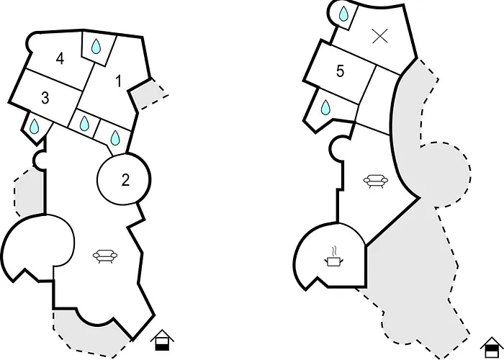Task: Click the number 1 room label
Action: coord(119,81)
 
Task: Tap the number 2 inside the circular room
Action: coord(125,180)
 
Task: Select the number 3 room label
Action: coord(45,98)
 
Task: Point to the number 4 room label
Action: coord(60,59)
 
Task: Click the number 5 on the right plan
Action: coord(340,71)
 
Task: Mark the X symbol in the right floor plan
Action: coord(379,36)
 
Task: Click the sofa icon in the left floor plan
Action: coord(105,256)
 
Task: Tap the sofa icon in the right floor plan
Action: coord(376,181)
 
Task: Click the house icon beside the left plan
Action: coord(162,340)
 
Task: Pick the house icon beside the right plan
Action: coord(492,348)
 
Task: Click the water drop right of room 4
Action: coord(96,46)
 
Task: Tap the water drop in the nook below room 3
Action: coord(34,126)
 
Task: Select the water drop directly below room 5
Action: coord(325,107)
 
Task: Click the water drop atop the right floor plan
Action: coord(343,14)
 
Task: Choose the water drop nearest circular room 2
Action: coord(114,138)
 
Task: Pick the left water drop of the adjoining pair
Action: coord(84,123)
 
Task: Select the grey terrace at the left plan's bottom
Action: coord(90,334)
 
